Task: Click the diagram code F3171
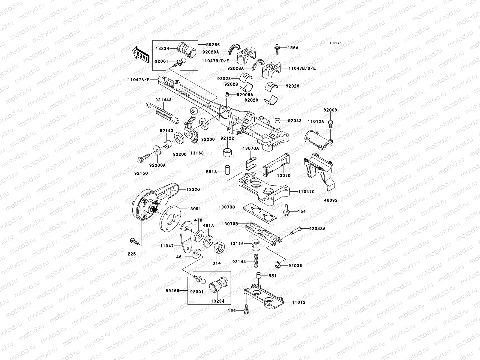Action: coord(336,43)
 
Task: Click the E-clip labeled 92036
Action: coord(277,264)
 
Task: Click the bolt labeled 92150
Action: coord(142,158)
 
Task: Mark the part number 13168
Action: coord(196,153)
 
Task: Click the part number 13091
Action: coord(194,209)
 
